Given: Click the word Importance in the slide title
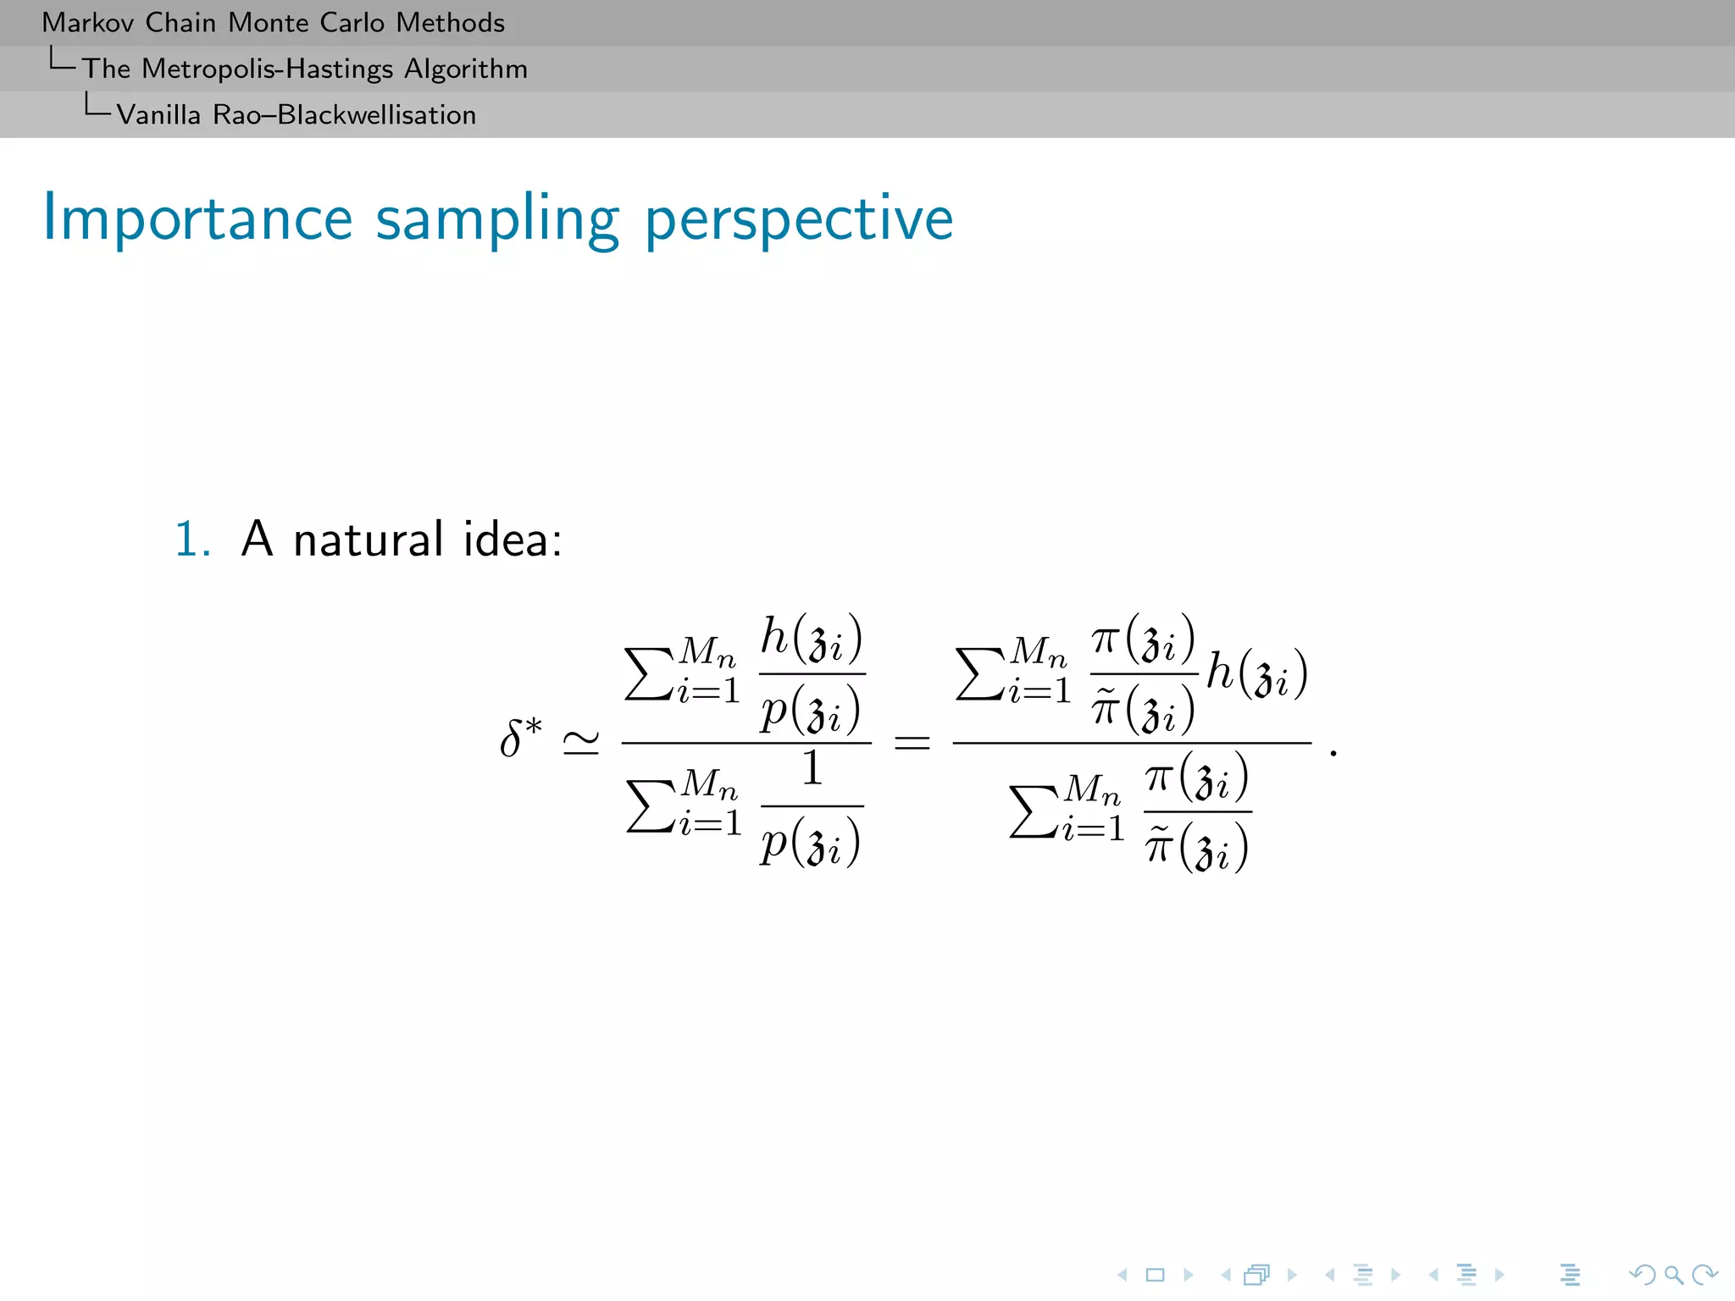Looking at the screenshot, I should (x=197, y=219).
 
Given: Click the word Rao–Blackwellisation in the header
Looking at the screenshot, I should (x=345, y=114).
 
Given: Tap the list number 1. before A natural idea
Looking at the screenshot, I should (x=192, y=539).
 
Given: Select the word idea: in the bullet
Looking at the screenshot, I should (x=513, y=539).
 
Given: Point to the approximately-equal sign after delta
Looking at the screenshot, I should (x=581, y=743).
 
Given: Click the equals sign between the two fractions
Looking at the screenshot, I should (x=912, y=743).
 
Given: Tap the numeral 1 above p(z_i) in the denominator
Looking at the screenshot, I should (x=812, y=767).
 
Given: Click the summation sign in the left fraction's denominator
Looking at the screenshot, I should (x=651, y=806).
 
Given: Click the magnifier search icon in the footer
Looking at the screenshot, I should (x=1673, y=1275).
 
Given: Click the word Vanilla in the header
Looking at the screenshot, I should (x=158, y=114).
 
